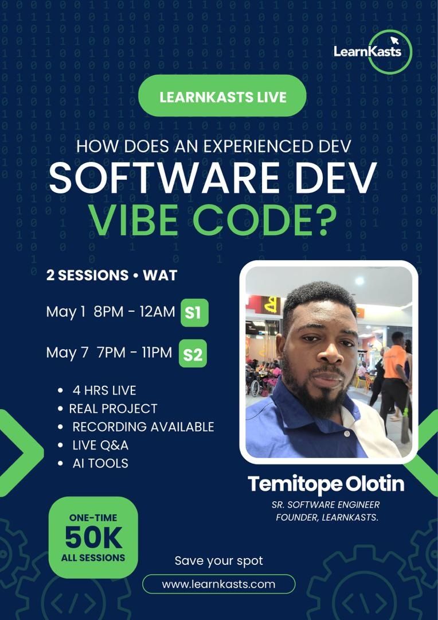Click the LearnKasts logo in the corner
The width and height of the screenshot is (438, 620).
click(x=373, y=51)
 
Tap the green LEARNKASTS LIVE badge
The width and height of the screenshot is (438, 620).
click(x=222, y=96)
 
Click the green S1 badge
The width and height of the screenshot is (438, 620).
click(x=194, y=313)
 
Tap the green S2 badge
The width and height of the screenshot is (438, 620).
click(x=193, y=354)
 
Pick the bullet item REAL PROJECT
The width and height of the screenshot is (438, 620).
click(x=113, y=409)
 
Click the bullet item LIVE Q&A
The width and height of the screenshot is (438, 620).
click(x=100, y=445)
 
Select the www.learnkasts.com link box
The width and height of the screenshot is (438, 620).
click(x=218, y=584)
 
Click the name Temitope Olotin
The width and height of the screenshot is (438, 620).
click(x=326, y=484)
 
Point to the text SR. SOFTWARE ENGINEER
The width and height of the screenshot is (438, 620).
click(x=326, y=505)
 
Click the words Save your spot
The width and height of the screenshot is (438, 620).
click(x=218, y=560)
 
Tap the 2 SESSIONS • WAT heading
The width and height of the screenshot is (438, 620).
click(x=112, y=275)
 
